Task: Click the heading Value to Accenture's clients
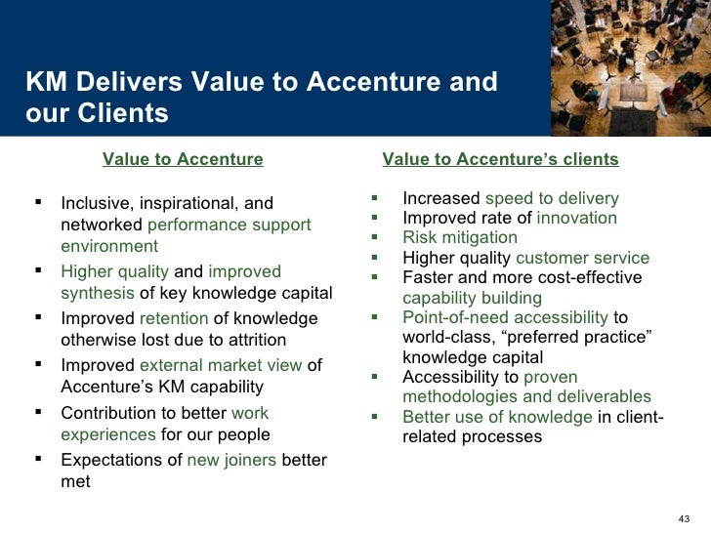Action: [500, 159]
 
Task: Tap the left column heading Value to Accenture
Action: [183, 159]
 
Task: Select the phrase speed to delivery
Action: [552, 198]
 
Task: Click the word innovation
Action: [577, 218]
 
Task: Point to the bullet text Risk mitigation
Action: [460, 237]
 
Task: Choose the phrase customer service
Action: [582, 258]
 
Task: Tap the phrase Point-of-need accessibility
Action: [506, 317]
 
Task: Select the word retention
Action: [174, 318]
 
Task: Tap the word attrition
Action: [253, 340]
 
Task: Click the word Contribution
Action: [108, 413]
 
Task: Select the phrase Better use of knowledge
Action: [497, 417]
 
